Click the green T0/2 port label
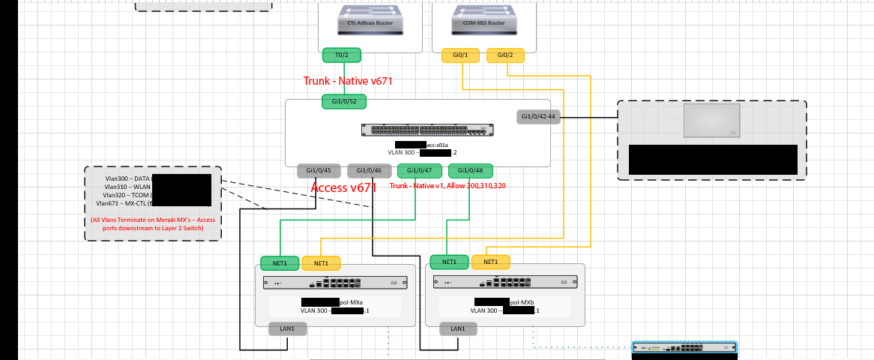[341, 55]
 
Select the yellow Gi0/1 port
[461, 55]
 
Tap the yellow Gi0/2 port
[506, 55]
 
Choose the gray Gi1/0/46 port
[370, 171]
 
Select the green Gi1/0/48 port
[471, 171]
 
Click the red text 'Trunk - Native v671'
[348, 81]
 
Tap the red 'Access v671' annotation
[343, 188]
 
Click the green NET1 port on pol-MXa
[280, 262]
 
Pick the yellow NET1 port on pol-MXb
[490, 262]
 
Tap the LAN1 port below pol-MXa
[288, 328]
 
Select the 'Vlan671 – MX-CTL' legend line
[124, 203]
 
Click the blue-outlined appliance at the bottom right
[684, 348]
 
